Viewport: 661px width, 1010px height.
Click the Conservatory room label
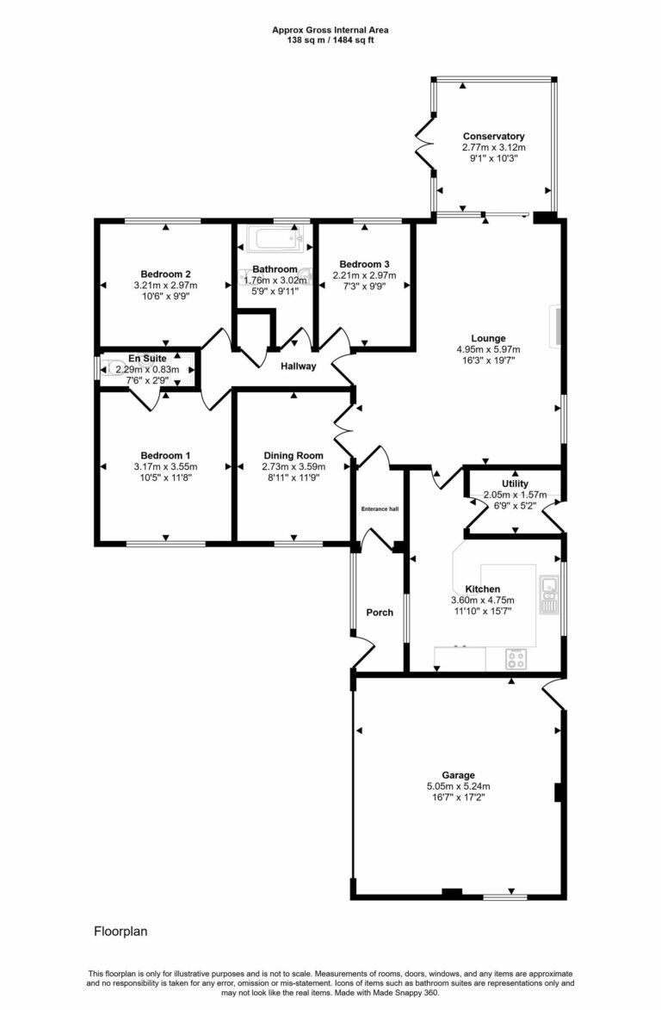click(493, 137)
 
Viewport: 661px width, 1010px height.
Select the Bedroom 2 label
click(165, 274)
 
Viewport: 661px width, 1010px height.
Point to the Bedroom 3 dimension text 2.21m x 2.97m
click(364, 275)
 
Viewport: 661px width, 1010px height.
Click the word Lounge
click(488, 338)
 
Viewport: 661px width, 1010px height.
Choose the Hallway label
click(299, 366)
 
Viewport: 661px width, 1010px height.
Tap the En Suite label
click(145, 358)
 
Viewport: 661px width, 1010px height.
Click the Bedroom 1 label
click(165, 455)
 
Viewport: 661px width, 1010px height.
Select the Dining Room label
click(293, 455)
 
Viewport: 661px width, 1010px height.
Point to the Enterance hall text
click(380, 508)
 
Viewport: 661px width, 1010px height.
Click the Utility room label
click(516, 484)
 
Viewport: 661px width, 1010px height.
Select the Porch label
click(380, 613)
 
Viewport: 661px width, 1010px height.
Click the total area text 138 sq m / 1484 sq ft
click(330, 40)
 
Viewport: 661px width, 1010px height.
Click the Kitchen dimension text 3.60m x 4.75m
click(482, 600)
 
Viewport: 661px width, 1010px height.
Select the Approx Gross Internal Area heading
click(330, 29)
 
